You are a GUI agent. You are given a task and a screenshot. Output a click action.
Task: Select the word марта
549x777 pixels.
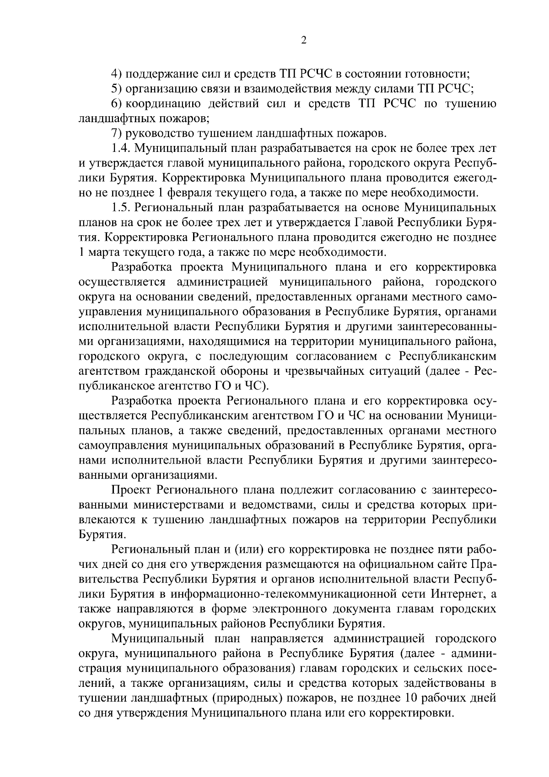(x=100, y=252)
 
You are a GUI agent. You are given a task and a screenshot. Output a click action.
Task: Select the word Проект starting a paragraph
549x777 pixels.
(x=131, y=491)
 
